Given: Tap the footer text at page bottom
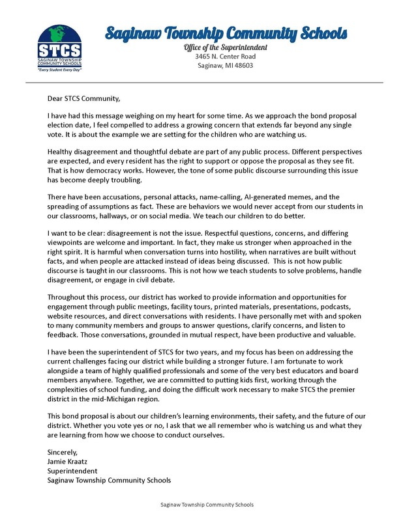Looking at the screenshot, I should pyautogui.click(x=207, y=505).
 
